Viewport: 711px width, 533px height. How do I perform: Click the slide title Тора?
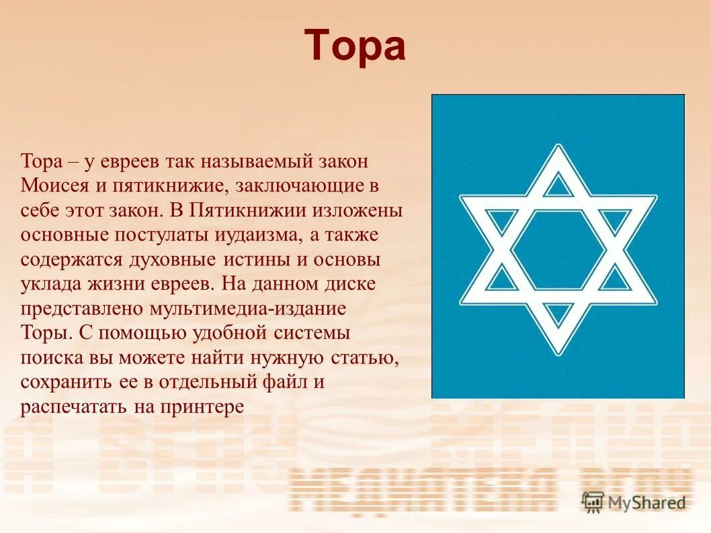355,46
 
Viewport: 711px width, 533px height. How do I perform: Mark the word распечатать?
67,407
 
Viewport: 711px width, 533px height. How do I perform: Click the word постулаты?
151,235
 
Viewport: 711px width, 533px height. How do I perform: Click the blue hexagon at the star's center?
557,249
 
